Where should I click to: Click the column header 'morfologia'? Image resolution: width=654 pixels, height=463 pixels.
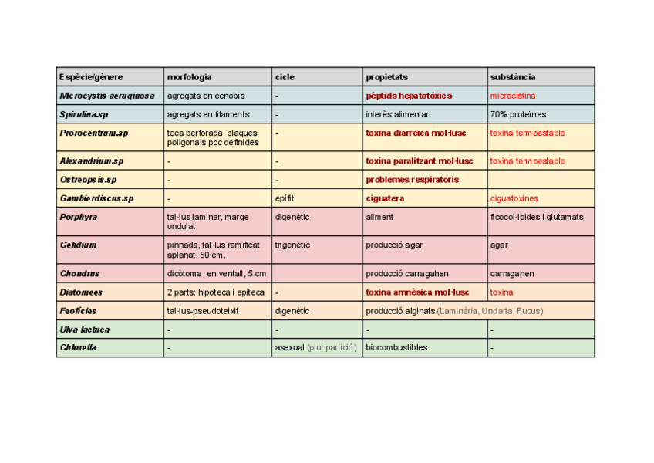point(190,77)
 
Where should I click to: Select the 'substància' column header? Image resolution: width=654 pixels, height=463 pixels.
point(513,77)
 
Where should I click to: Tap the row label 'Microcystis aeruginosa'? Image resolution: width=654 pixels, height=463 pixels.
point(107,96)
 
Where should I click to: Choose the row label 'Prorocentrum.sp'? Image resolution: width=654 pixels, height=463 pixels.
point(94,133)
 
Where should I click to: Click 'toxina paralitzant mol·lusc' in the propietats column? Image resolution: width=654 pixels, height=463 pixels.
point(420,161)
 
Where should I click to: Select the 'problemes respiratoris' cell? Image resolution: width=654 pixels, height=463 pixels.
point(413,180)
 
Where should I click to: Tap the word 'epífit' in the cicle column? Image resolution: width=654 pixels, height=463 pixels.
point(285,198)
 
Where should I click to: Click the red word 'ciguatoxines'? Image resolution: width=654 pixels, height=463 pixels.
point(514,198)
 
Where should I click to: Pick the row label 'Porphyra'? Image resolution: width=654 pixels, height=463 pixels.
point(79,217)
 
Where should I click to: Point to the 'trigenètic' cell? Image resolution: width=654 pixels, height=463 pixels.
point(292,245)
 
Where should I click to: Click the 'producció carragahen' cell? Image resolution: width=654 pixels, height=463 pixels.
point(407,274)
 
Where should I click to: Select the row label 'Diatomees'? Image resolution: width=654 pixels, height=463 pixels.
point(81,292)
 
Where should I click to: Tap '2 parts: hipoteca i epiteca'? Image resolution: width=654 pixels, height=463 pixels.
point(215,292)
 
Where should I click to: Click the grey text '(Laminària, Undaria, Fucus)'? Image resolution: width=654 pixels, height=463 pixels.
point(490,311)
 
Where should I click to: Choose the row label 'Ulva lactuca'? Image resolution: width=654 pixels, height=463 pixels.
point(85,330)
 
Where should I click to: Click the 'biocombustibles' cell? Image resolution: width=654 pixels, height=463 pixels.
point(396,348)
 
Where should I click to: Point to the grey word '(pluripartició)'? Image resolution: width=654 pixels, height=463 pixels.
point(332,348)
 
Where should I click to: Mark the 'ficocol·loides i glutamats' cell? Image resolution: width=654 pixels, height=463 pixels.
point(537,217)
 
